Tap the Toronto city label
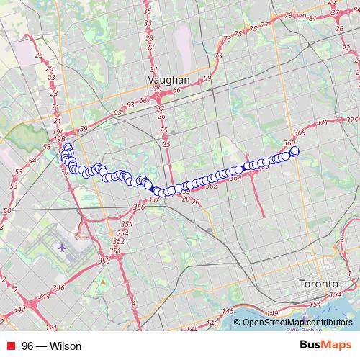(x=318, y=284)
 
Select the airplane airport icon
(x=63, y=247)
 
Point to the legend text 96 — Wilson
(x=51, y=346)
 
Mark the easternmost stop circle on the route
(x=294, y=151)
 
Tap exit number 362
(x=212, y=186)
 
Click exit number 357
(x=153, y=199)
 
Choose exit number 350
(x=104, y=260)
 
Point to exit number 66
(x=176, y=91)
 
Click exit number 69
(x=207, y=77)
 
